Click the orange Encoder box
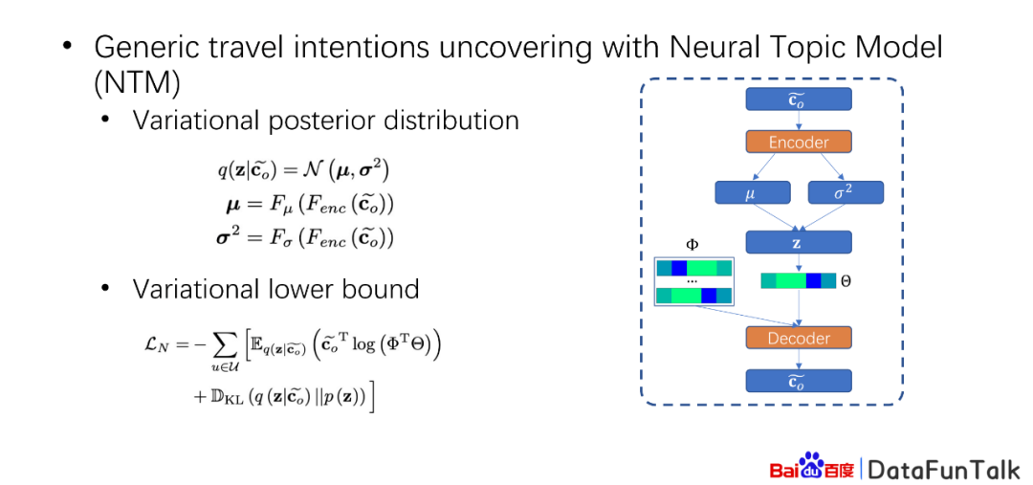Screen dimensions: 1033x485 point(799,142)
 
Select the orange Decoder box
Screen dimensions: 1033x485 point(799,338)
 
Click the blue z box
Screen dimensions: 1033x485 point(799,243)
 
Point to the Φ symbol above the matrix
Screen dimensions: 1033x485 point(692,245)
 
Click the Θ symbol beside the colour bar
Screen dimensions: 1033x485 point(846,281)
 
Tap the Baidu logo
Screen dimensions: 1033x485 point(812,467)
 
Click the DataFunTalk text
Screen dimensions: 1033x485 point(943,469)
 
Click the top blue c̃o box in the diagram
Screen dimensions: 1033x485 point(799,99)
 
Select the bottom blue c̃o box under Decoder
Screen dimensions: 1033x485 point(799,380)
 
